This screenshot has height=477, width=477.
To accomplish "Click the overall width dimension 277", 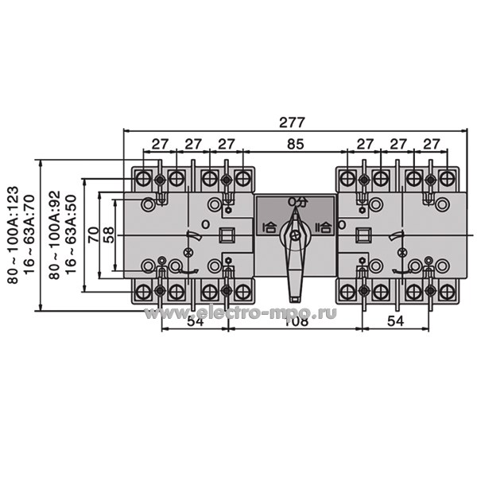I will pyautogui.click(x=293, y=123).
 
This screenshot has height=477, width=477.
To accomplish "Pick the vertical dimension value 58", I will pyautogui.click(x=109, y=235).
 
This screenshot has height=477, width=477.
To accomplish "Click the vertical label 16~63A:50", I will pyautogui.click(x=70, y=235).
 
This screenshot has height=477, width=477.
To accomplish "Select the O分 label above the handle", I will pyautogui.click(x=296, y=202).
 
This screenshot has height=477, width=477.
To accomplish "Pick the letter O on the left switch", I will pyautogui.click(x=205, y=225).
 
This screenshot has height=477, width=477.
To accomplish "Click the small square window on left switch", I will pyautogui.click(x=226, y=235).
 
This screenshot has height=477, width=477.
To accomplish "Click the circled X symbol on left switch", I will pyautogui.click(x=188, y=252).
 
